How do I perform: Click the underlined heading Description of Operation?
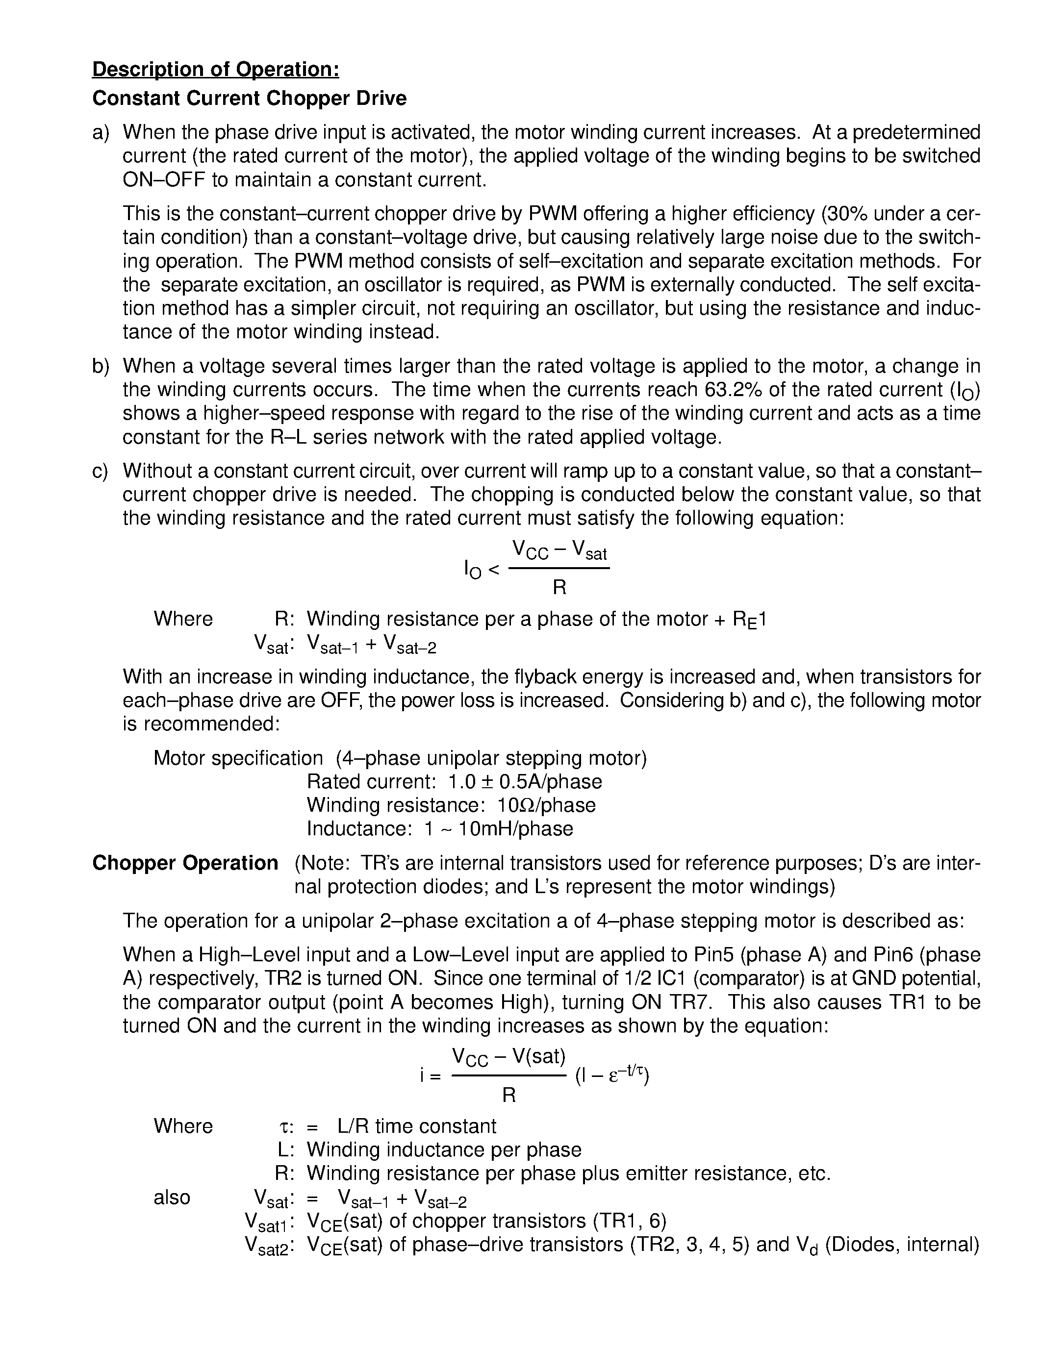[x=215, y=69]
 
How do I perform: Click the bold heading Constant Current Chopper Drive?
[x=250, y=98]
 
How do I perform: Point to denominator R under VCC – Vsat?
[x=559, y=588]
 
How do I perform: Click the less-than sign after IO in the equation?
[x=494, y=569]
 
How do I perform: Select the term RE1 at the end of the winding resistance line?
[x=749, y=619]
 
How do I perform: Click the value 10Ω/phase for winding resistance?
[x=546, y=805]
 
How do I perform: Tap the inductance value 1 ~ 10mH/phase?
[x=499, y=829]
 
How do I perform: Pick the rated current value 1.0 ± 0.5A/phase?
[x=525, y=782]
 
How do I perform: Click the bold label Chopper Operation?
[x=185, y=863]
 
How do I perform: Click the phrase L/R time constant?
[x=417, y=1126]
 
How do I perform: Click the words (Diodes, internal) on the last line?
[x=902, y=1244]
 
